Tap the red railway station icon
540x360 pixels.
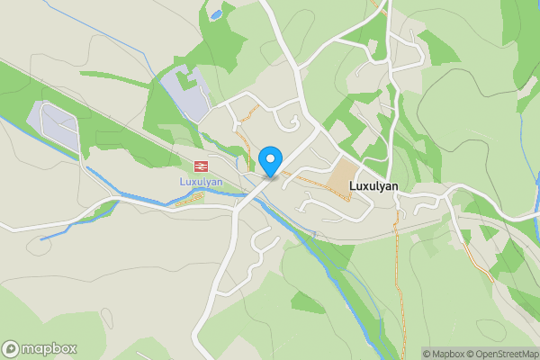(x=200, y=166)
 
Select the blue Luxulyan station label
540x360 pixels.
(x=200, y=181)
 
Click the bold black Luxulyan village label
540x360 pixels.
(x=380, y=177)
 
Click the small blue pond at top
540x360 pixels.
(x=215, y=14)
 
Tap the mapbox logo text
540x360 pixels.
(x=49, y=348)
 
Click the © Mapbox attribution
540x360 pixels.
(x=445, y=354)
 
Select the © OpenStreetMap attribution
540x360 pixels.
(x=503, y=354)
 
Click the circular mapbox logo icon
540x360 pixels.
(x=11, y=348)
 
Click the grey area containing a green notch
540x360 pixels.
(x=185, y=93)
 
